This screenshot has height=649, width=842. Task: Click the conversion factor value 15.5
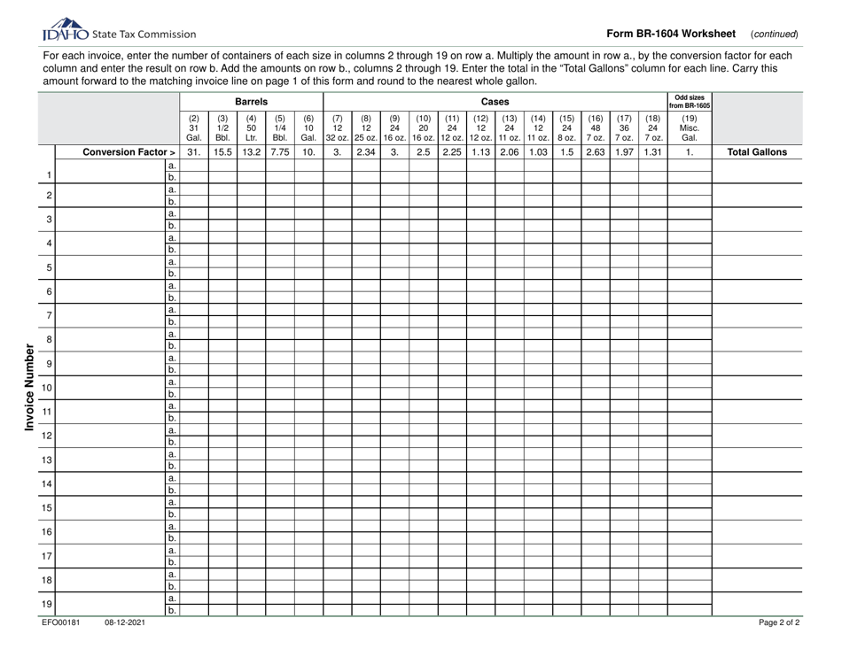[223, 151]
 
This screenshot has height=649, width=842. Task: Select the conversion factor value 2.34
[366, 151]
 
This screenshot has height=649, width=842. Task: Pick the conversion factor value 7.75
[280, 151]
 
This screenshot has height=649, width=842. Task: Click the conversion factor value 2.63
[595, 151]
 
